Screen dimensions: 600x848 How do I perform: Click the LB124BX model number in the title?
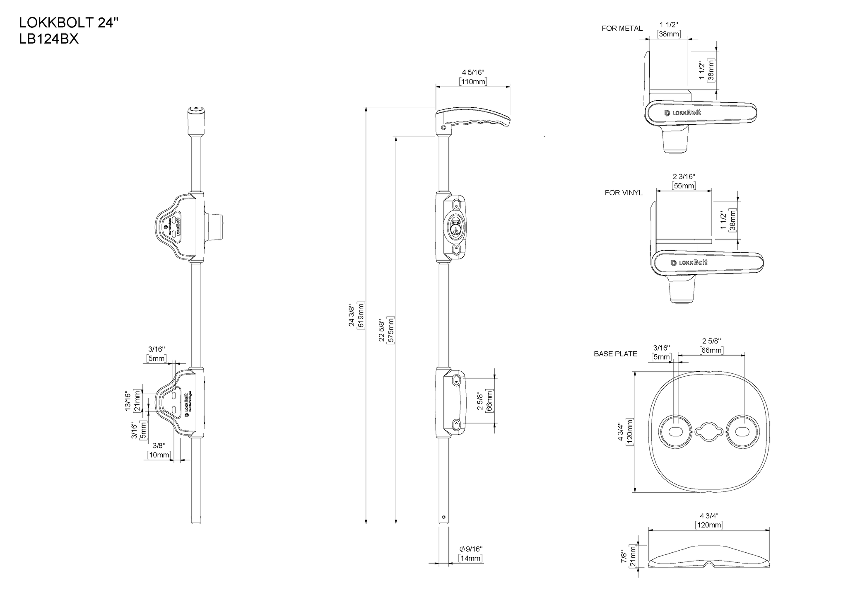[49, 39]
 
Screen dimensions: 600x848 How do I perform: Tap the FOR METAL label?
[622, 29]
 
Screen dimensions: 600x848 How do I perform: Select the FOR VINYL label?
[624, 193]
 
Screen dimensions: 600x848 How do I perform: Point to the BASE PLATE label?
[615, 354]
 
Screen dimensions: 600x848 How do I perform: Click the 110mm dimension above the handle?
[473, 82]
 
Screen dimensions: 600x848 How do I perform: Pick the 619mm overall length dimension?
[361, 315]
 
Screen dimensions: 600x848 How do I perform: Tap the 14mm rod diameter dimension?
[471, 558]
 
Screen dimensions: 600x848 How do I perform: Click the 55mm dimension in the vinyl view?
[684, 186]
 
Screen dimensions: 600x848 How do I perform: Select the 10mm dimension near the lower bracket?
[159, 455]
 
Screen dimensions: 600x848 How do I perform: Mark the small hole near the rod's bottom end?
[444, 517]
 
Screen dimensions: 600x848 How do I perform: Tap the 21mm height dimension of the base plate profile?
[632, 556]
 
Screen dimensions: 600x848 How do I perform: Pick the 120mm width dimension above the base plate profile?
[709, 525]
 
